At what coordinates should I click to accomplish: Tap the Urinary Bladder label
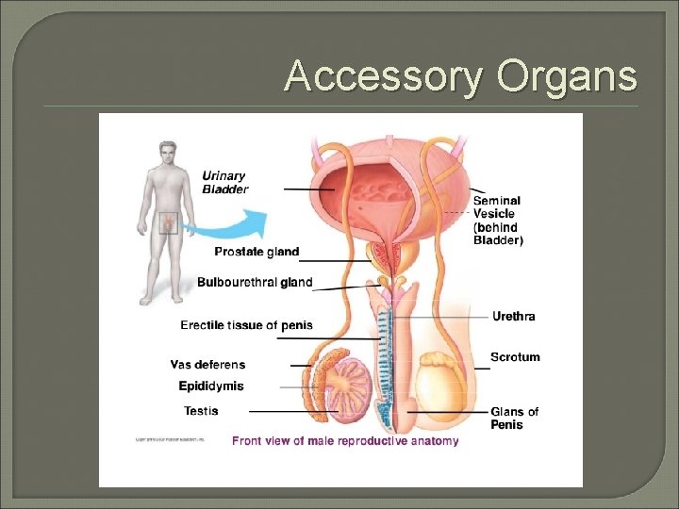tap(225, 182)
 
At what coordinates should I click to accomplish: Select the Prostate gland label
tap(257, 252)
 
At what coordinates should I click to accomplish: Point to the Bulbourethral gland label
tap(255, 282)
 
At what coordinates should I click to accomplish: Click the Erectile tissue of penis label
tap(246, 325)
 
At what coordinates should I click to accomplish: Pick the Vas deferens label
tap(207, 365)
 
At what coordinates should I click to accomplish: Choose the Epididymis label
tap(211, 386)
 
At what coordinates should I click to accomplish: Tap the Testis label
tap(201, 410)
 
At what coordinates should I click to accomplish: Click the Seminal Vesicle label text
tap(497, 220)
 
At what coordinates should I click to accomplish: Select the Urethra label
tap(513, 316)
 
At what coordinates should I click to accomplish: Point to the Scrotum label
tap(515, 357)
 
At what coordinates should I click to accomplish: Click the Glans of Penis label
tap(514, 418)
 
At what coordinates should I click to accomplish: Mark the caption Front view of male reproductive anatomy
tap(345, 440)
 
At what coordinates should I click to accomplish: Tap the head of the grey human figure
tap(168, 153)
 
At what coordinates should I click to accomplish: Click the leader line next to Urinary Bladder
tap(307, 189)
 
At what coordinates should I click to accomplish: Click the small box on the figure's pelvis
tap(168, 223)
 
